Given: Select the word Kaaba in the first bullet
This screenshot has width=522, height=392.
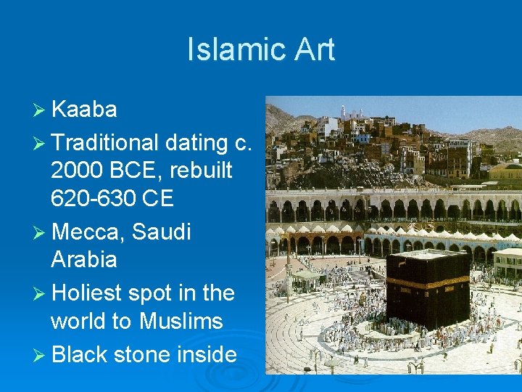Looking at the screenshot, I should pyautogui.click(x=84, y=110).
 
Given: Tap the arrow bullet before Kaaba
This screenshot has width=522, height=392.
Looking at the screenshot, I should pyautogui.click(x=40, y=110).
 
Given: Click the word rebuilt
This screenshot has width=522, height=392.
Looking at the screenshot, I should pyautogui.click(x=202, y=171).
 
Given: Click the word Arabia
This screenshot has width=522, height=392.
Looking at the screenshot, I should pyautogui.click(x=84, y=259).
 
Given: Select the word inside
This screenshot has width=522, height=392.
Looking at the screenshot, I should pyautogui.click(x=204, y=354).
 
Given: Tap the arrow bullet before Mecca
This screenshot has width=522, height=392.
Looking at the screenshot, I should pyautogui.click(x=40, y=233).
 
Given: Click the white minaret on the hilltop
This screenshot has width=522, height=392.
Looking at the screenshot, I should pyautogui.click(x=343, y=112).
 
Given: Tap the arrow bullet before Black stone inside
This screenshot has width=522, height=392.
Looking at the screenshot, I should pyautogui.click(x=40, y=355).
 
